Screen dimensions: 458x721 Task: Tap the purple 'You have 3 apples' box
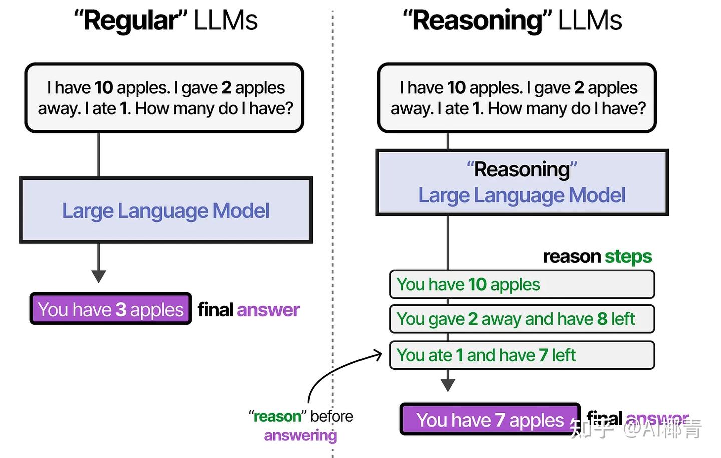(x=111, y=309)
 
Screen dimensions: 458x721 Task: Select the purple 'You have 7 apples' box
(x=490, y=420)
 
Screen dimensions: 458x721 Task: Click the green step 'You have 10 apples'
(x=522, y=284)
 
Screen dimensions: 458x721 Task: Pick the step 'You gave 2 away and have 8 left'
(x=522, y=319)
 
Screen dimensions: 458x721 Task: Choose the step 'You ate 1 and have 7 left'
(x=522, y=355)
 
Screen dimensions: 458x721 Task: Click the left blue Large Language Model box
(x=166, y=211)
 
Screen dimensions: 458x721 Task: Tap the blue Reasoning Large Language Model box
(x=522, y=183)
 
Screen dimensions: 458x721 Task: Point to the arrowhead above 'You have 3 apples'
(x=99, y=276)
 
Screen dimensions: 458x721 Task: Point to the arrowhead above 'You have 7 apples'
(x=448, y=385)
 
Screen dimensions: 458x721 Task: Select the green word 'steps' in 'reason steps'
(x=628, y=257)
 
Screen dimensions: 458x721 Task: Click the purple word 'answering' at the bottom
(x=300, y=436)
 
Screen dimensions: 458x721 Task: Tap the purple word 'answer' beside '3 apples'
(x=268, y=310)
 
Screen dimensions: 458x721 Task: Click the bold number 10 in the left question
(x=104, y=88)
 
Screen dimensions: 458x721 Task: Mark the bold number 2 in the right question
(x=579, y=88)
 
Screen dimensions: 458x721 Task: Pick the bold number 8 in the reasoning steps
(x=602, y=319)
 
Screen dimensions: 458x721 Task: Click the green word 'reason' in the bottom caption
(x=277, y=416)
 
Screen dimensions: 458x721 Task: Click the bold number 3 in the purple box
(x=121, y=310)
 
